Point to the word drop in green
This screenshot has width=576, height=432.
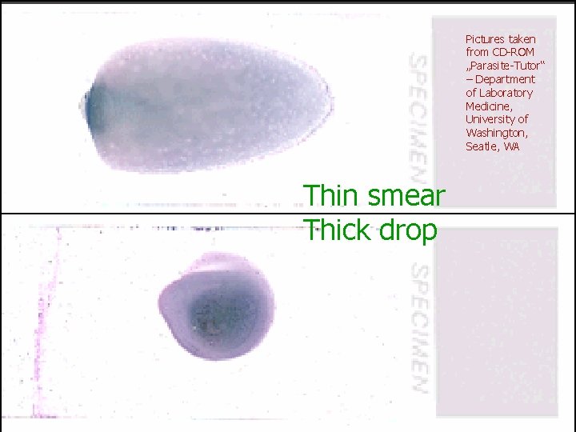tap(409, 231)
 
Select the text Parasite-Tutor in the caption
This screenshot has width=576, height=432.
tap(501, 66)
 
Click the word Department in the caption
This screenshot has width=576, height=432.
tap(505, 79)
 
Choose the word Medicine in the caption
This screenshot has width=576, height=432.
tap(487, 106)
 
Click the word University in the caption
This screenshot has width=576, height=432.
tap(490, 119)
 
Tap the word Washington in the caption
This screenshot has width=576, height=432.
tap(495, 133)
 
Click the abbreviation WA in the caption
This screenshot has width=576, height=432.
tap(513, 146)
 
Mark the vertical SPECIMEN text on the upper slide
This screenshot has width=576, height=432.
tap(418, 117)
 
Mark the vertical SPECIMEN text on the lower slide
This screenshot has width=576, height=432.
tap(418, 328)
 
